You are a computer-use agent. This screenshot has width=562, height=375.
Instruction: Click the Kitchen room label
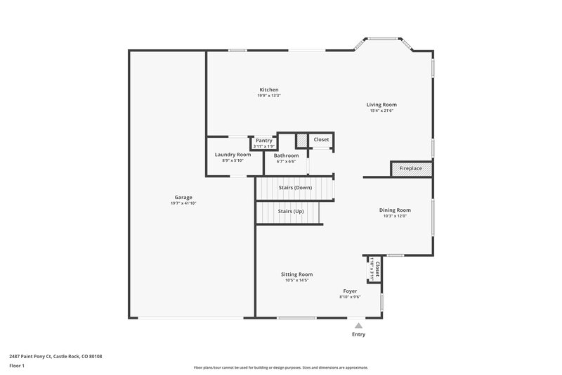click(x=269, y=90)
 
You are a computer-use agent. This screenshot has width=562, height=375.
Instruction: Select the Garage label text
click(x=183, y=197)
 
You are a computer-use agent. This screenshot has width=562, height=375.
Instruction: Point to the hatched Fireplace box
click(x=411, y=169)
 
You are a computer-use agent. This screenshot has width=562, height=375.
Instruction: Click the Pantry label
click(x=264, y=141)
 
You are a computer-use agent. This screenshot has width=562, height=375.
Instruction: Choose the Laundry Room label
click(x=233, y=155)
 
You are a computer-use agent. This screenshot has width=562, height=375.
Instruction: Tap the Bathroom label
click(x=286, y=155)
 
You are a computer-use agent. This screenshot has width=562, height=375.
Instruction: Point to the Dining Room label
click(x=395, y=210)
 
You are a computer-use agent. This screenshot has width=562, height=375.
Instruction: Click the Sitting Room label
click(x=297, y=274)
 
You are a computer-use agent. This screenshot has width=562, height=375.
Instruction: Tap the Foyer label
click(x=350, y=291)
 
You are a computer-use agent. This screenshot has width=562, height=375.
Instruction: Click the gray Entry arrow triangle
click(x=358, y=326)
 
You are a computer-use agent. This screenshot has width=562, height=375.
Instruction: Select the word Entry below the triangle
click(x=358, y=335)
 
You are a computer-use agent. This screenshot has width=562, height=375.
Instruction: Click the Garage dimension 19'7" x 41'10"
click(x=183, y=203)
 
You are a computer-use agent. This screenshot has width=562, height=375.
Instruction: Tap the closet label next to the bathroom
click(x=321, y=139)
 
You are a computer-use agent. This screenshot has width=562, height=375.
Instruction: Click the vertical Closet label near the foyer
click(x=377, y=269)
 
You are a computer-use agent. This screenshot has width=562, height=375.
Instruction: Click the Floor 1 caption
click(x=18, y=367)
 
